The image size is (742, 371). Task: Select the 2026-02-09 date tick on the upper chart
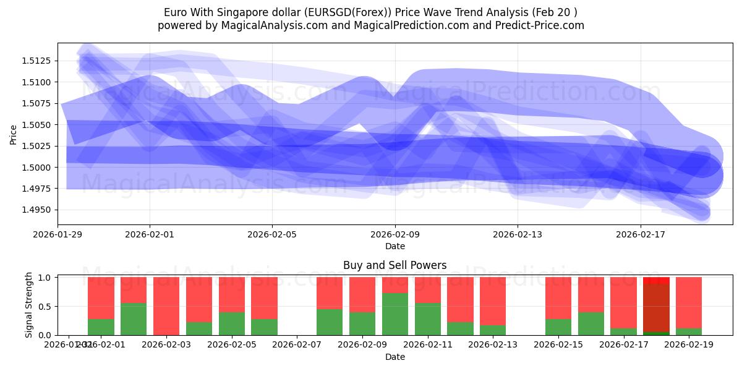pos(395,234)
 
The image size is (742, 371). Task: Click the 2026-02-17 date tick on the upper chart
pos(641,234)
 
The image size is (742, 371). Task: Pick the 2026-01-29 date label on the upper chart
pos(58,234)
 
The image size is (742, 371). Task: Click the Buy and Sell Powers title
pos(394,265)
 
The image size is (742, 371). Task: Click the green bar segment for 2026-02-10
pos(395,314)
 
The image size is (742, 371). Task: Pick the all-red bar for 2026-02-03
pos(166,306)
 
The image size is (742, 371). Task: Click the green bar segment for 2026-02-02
pos(134,319)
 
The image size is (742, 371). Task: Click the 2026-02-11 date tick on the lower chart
pos(428,344)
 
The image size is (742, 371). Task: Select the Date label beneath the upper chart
pos(395,246)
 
